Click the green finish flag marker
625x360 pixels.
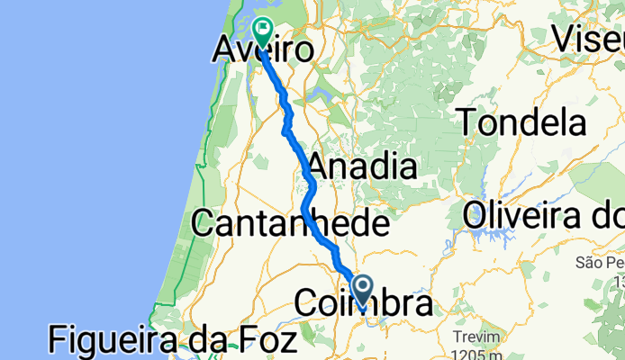(263, 32)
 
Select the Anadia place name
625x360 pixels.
(362, 166)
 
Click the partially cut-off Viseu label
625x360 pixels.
(587, 38)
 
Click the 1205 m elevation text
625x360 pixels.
(479, 352)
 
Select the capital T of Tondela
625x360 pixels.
(470, 121)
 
